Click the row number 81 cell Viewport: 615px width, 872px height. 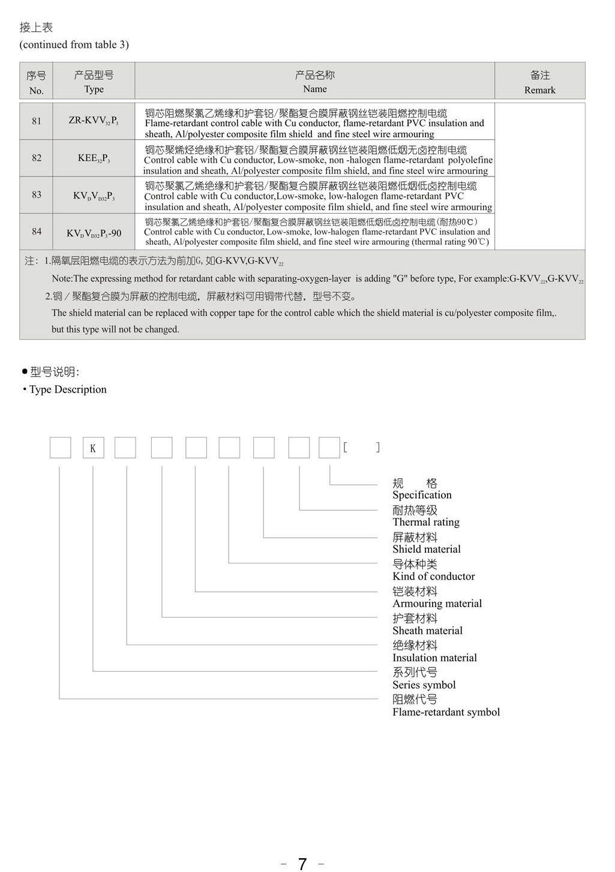pos(37,121)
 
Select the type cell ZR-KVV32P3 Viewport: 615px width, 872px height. pos(94,121)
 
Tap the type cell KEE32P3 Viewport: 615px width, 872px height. pos(94,158)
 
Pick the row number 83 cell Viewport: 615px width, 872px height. pos(37,195)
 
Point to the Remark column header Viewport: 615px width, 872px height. pos(539,82)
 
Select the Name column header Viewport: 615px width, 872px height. pos(314,82)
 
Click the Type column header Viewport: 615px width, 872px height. pos(94,82)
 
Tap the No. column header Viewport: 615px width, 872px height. pos(37,83)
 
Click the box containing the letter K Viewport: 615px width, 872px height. pos(93,448)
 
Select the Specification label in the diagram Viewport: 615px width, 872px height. pos(422,495)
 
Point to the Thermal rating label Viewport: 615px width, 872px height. pos(426,522)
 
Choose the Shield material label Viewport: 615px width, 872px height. pos(427,549)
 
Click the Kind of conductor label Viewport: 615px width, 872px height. pos(433,576)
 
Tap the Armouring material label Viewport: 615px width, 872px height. pos(437,603)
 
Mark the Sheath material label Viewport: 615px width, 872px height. pos(427,631)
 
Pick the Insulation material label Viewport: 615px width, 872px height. pos(434,658)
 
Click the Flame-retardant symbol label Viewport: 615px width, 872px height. pos(446,712)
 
